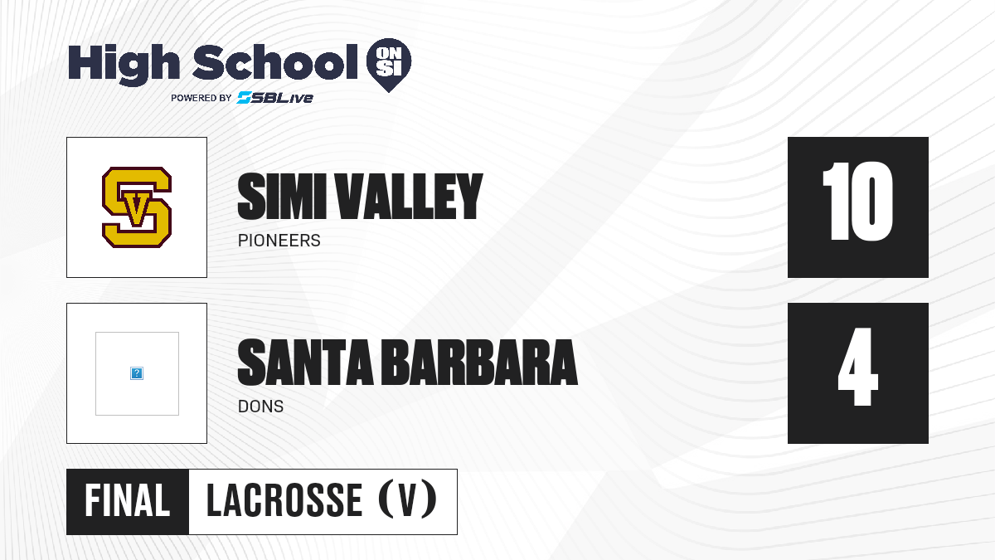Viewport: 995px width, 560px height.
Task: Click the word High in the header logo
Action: pyautogui.click(x=124, y=65)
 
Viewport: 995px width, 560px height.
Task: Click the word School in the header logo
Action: pyautogui.click(x=275, y=61)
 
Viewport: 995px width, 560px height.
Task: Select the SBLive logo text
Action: pyautogui.click(x=275, y=97)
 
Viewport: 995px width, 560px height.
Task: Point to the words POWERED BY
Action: pyautogui.click(x=201, y=98)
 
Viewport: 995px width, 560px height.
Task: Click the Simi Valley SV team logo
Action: pyautogui.click(x=137, y=207)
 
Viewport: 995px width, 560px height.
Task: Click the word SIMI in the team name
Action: pyautogui.click(x=282, y=196)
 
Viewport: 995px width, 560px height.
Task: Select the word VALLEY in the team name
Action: pyautogui.click(x=409, y=196)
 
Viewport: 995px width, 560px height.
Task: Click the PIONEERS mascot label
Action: pyautogui.click(x=279, y=241)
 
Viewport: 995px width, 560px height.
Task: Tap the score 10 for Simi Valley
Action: pyautogui.click(x=857, y=202)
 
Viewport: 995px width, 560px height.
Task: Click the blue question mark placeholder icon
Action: pyautogui.click(x=137, y=373)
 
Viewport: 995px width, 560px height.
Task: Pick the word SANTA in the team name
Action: pyautogui.click(x=306, y=363)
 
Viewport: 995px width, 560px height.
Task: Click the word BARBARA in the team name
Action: pyautogui.click(x=480, y=363)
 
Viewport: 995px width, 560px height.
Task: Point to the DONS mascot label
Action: pyautogui.click(x=260, y=407)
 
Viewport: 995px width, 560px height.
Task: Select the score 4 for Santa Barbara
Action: pyautogui.click(x=857, y=367)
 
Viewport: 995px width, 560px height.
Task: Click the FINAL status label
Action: pyautogui.click(x=128, y=501)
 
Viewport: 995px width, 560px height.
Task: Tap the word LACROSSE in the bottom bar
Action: pyautogui.click(x=284, y=501)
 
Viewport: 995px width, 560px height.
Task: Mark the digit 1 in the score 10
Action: pyautogui.click(x=837, y=202)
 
